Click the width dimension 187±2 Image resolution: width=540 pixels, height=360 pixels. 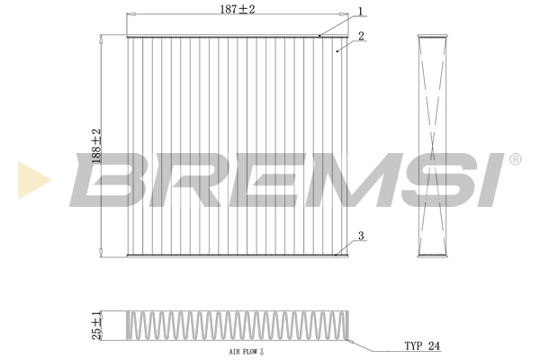click(x=238, y=9)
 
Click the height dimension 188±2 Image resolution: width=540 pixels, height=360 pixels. click(x=96, y=146)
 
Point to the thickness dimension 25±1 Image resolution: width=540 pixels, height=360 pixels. click(x=95, y=326)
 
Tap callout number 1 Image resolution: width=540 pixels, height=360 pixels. click(x=359, y=12)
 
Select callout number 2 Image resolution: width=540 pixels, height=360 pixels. click(x=360, y=37)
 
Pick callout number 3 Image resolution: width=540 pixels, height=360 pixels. click(x=360, y=237)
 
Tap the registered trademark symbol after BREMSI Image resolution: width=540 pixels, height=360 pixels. click(x=514, y=159)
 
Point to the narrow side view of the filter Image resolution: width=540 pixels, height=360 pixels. click(x=434, y=146)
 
